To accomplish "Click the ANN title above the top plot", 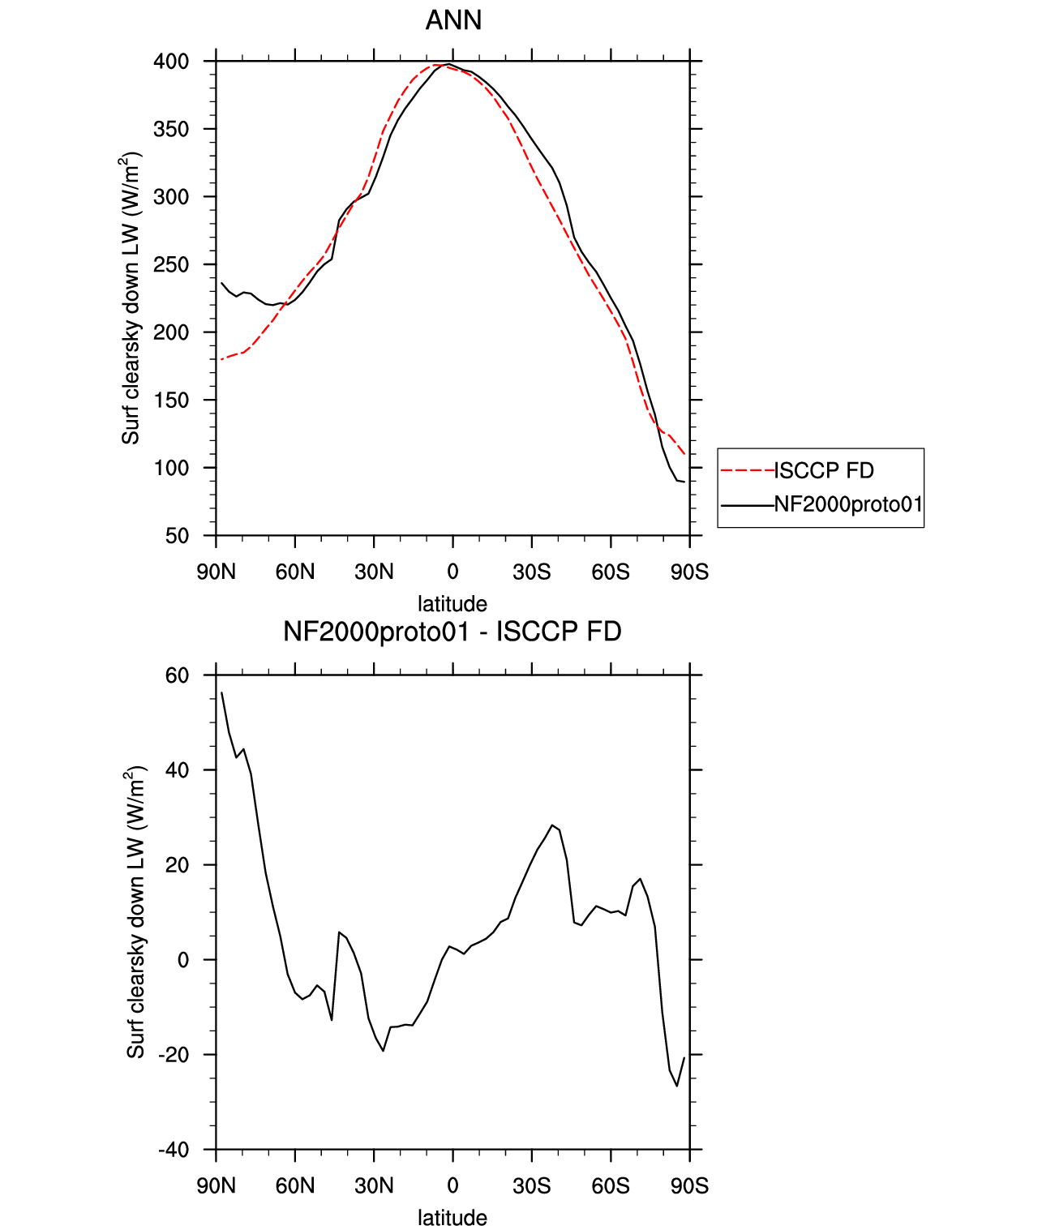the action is coord(453,20).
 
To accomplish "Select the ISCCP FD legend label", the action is coord(824,471).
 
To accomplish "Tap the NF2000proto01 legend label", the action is coord(848,504).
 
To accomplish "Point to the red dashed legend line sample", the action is coord(747,471).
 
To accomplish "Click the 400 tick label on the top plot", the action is coord(171,62).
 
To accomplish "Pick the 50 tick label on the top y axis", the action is coord(177,536).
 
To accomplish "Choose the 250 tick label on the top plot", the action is coord(171,265).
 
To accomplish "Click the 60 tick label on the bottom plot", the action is coord(177,675).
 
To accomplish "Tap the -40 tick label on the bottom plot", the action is coord(174,1150).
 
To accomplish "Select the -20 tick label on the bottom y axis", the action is coord(174,1055).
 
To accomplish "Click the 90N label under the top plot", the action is coord(216,572).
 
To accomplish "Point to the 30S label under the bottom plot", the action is coord(531,1186).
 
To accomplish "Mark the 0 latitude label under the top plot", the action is coord(452,572).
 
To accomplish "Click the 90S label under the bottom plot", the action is coord(690,1186).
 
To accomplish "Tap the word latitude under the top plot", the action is coord(452,604).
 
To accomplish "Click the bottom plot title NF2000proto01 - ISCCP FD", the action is coord(452,632).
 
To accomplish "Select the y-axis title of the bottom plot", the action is coord(135,912).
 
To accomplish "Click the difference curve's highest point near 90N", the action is coord(222,692).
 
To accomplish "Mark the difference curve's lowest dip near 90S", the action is coord(676,1086).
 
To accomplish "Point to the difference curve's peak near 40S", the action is coord(552,825).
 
